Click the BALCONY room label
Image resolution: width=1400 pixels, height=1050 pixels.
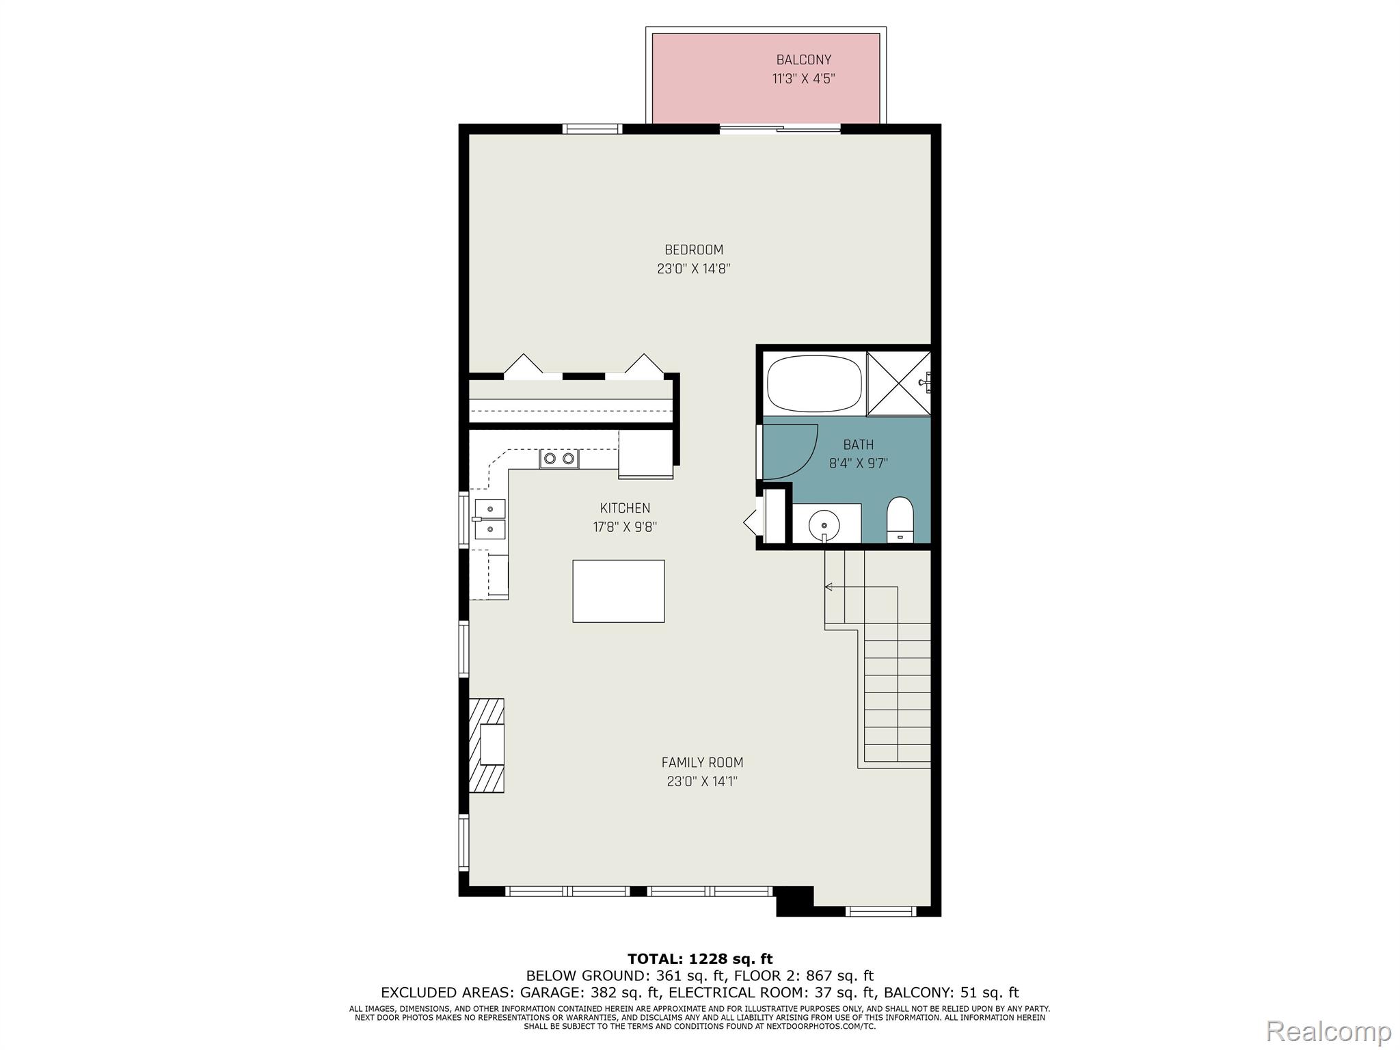pos(803,60)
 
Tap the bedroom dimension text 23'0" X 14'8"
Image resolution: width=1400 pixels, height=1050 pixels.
pos(694,269)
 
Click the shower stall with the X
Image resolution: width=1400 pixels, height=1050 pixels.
pos(898,383)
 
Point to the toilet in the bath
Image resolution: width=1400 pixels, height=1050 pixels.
pos(900,520)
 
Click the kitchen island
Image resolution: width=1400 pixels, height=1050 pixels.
pos(618,591)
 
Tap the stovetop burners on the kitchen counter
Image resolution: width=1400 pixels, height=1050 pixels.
pos(558,459)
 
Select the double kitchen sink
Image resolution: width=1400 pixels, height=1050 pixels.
pos(489,519)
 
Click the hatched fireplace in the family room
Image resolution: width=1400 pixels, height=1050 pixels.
pos(486,745)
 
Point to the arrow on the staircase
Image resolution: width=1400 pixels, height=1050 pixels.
pos(861,587)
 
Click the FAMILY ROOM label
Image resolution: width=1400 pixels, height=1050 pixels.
pos(702,762)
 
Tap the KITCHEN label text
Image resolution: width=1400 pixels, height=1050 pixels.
pos(625,508)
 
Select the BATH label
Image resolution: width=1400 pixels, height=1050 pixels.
pos(858,444)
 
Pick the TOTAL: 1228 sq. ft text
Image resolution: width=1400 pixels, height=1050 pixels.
pos(700,958)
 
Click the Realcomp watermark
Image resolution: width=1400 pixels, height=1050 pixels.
pos(1329,1030)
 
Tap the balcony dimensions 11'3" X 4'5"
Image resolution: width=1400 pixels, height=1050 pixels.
pos(803,79)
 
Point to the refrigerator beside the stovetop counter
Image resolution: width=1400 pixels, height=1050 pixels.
pos(645,453)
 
